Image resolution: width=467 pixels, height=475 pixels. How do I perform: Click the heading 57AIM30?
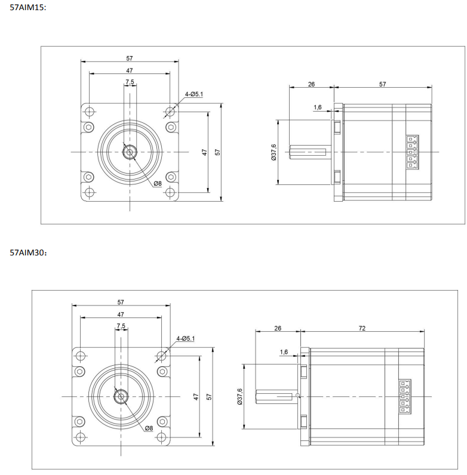pos(27,252)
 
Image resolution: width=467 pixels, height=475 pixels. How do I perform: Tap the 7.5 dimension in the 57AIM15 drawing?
pos(130,82)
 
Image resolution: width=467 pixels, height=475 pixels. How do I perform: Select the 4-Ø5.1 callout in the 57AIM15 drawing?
pos(194,94)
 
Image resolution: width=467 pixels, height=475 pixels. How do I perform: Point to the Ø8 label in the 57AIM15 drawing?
pos(158,183)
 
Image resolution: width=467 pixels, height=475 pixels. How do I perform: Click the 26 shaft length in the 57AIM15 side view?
pos(311,84)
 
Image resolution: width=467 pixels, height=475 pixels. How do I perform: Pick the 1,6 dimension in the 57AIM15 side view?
pos(317,107)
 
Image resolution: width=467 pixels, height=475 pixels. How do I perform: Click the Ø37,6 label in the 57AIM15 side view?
pos(274,152)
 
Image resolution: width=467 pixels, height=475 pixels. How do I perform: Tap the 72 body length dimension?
pos(362,328)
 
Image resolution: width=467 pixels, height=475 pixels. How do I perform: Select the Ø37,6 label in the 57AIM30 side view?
pos(239,396)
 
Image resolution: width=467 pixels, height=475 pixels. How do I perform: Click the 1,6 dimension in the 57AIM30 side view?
pos(284,352)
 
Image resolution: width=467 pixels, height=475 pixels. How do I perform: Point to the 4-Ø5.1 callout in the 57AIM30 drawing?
pos(186,338)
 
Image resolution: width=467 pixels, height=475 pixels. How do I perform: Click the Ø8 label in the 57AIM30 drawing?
pos(149,428)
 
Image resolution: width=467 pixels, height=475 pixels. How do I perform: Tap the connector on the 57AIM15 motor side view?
pos(410,152)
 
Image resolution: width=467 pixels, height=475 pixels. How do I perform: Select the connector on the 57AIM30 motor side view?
pos(404,395)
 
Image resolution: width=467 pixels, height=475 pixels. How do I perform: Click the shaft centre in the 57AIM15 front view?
pos(130,152)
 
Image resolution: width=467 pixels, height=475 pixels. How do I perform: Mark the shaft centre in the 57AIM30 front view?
pos(121,396)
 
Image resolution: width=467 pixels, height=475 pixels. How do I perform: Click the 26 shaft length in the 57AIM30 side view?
pos(278,328)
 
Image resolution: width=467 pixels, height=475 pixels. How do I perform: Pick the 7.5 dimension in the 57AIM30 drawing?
pos(121,326)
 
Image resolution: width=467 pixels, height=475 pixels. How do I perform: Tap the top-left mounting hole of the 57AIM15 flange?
pos(90,112)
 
